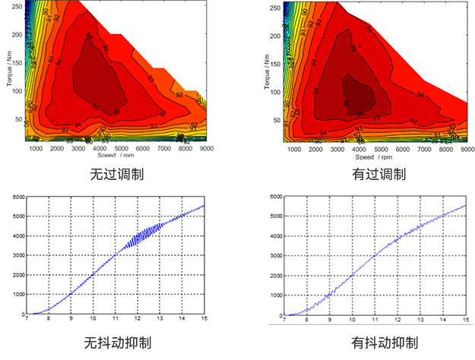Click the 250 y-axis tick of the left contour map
pos(20,7)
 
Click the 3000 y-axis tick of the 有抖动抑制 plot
pos(274,256)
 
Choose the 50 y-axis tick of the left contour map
pos(21,119)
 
